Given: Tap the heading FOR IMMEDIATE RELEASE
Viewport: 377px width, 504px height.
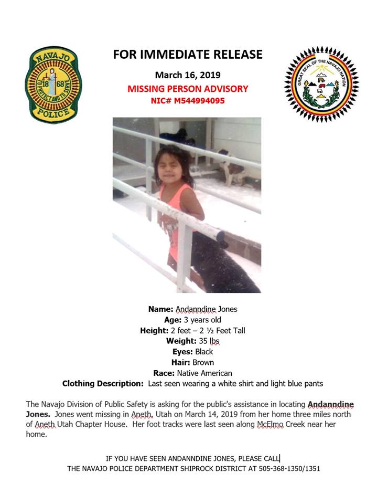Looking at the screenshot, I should (x=188, y=54).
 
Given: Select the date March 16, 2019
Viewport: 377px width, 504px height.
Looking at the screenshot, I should (x=188, y=75).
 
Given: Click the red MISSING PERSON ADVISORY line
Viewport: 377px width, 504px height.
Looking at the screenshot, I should (x=188, y=89).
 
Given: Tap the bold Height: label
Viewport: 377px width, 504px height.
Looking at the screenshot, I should (x=154, y=330).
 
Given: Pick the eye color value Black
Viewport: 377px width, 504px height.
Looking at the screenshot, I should (x=204, y=352).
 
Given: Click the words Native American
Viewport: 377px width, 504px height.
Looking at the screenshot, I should (x=204, y=373).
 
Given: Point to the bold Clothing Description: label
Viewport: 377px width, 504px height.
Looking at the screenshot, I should (x=103, y=384).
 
